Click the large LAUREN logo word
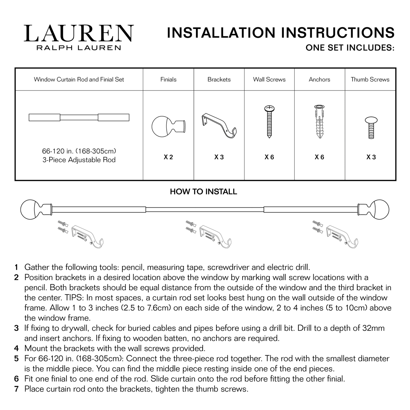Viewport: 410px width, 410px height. pos(79,33)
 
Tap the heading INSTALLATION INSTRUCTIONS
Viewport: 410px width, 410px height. pos(281,33)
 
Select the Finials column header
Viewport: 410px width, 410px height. pos(168,80)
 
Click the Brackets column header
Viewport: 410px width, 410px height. pos(219,80)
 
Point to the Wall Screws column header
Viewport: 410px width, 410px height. pos(269,80)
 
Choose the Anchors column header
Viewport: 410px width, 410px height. pos(320,80)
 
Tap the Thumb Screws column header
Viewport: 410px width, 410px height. pos(370,80)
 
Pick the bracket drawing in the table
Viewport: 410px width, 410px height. pos(219,126)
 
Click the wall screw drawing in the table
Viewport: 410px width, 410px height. pos(269,122)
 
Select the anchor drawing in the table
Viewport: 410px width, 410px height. pos(319,122)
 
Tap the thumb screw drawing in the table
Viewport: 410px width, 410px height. pos(371,128)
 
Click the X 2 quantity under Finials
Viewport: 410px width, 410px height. pos(168,157)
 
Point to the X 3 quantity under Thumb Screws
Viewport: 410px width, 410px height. pos(371,157)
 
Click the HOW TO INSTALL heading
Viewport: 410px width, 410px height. pos(204,192)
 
